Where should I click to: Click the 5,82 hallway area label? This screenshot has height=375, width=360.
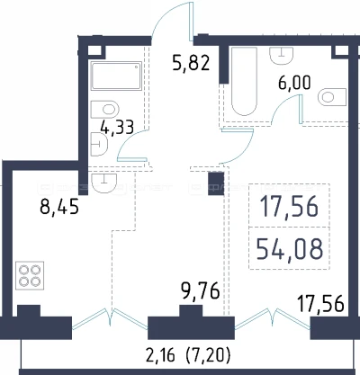click(191, 64)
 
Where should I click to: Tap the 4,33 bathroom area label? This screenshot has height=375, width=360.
click(117, 128)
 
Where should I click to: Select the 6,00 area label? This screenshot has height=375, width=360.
click(294, 83)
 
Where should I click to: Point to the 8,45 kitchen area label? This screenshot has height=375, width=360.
click(59, 207)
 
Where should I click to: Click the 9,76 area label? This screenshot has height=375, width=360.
click(201, 291)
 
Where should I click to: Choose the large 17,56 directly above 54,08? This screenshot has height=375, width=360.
click(290, 207)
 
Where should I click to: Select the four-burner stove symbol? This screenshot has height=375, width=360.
click(30, 275)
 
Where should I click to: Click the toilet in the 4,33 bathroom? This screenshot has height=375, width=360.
click(105, 110)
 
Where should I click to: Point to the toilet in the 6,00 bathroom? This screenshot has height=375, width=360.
click(332, 97)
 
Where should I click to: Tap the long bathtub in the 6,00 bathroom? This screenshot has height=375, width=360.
click(244, 81)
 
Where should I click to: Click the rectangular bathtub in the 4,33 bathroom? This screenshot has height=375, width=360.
click(116, 76)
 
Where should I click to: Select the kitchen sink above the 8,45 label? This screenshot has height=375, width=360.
click(103, 183)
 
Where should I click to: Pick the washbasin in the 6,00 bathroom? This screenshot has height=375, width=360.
click(282, 55)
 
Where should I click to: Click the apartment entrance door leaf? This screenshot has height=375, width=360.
click(191, 21)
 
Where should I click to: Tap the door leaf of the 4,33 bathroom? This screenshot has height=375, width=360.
click(132, 159)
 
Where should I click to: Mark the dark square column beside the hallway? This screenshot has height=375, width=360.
click(216, 183)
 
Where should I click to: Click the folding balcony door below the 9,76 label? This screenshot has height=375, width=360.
click(110, 317)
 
